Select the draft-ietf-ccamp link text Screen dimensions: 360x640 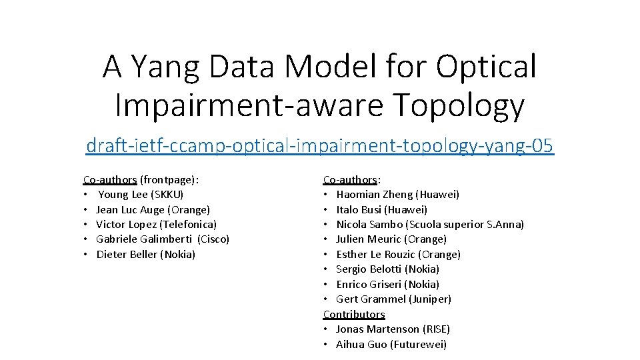(x=320, y=145)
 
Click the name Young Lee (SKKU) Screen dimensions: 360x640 (x=141, y=195)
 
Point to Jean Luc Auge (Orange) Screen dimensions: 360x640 (x=153, y=209)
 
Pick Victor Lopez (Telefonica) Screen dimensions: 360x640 (x=156, y=225)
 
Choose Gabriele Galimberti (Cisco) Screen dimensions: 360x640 (x=163, y=239)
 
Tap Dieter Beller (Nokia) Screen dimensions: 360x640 (x=146, y=255)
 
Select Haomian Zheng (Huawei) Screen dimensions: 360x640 (x=397, y=195)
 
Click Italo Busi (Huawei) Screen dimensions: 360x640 (x=381, y=209)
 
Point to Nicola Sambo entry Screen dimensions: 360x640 (x=430, y=225)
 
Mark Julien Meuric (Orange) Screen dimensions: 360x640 (x=391, y=239)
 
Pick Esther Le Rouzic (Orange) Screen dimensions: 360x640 (x=398, y=255)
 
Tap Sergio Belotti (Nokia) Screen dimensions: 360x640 (x=387, y=269)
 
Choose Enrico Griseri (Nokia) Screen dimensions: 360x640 (x=387, y=285)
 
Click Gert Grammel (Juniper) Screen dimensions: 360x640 (x=393, y=299)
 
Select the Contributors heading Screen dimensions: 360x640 (x=354, y=314)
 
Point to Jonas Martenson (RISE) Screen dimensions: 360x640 (x=393, y=329)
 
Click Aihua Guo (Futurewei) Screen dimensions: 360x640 (x=391, y=345)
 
